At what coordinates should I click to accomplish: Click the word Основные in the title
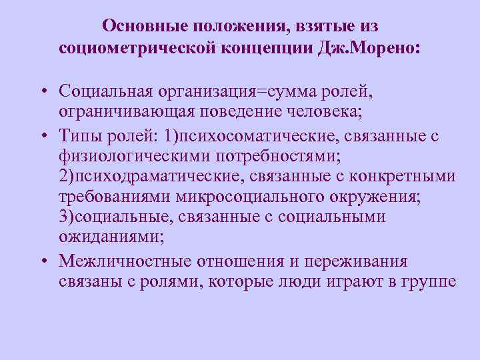tap(143, 26)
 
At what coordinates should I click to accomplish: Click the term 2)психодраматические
tap(145, 177)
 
